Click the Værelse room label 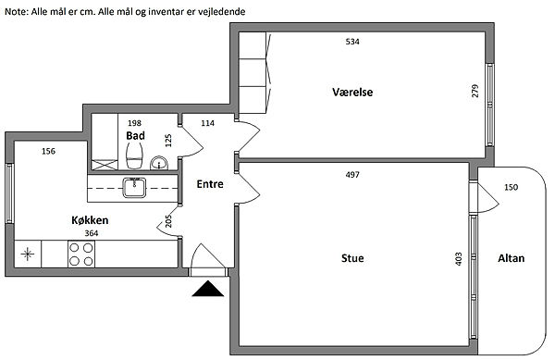click(x=352, y=92)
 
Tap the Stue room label click(x=352, y=258)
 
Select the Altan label click(x=511, y=258)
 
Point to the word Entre click(x=210, y=184)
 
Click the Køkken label click(x=90, y=220)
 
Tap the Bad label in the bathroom click(x=135, y=135)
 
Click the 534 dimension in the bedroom click(x=352, y=42)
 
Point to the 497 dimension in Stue click(x=352, y=175)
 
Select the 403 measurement click(x=459, y=259)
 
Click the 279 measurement click(x=475, y=91)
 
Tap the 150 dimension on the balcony click(x=511, y=187)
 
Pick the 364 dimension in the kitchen click(x=92, y=233)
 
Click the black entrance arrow click(x=208, y=288)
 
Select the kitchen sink click(x=134, y=188)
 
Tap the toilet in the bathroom click(x=134, y=156)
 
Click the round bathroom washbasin click(x=159, y=163)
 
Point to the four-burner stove click(x=81, y=254)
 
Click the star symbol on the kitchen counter click(x=27, y=254)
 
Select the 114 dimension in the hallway click(x=207, y=123)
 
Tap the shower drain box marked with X click(x=105, y=165)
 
